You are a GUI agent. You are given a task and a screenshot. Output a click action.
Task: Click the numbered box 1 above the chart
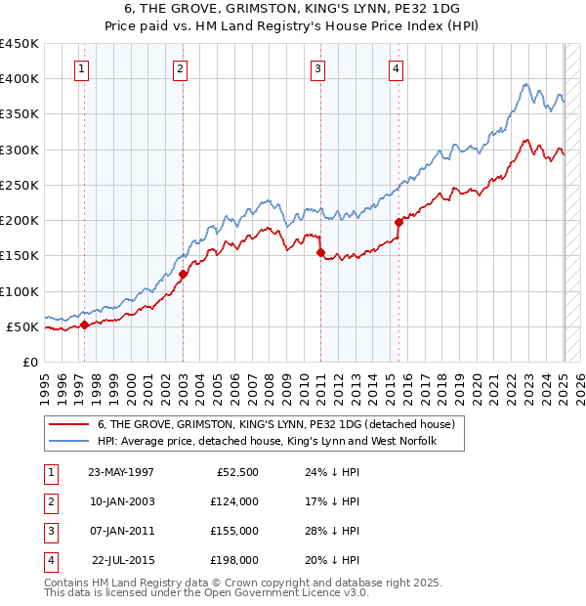coord(81,68)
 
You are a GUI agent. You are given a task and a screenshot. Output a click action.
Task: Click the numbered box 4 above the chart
coord(396,68)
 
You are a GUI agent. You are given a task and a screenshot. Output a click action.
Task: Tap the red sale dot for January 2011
coord(319,252)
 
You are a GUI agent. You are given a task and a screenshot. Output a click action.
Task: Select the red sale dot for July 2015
coord(398,222)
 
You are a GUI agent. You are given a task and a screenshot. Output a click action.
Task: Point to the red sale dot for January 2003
coord(183,274)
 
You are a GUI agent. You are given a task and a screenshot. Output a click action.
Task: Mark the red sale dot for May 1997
coord(84,325)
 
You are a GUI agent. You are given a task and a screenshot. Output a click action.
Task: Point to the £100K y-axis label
coord(21,291)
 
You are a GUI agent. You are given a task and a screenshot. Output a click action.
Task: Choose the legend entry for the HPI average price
coord(266,442)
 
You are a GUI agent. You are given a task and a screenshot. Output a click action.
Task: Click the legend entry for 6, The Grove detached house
coord(276,425)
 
